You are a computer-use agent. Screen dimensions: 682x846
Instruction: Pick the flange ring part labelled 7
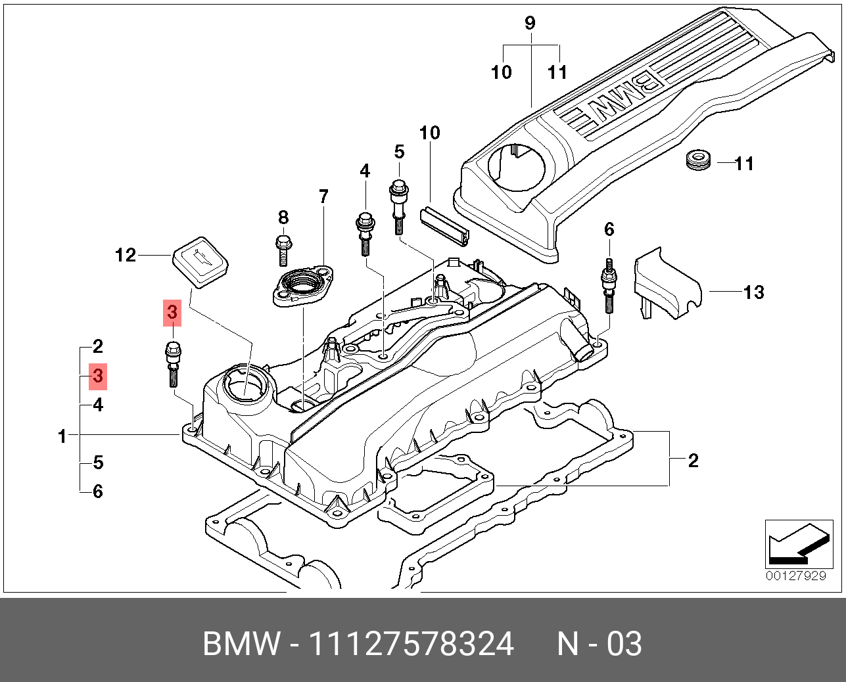[303, 287]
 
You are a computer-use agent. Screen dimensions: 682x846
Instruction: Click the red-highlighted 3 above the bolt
[172, 313]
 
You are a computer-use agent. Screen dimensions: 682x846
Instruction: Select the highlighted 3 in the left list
[98, 376]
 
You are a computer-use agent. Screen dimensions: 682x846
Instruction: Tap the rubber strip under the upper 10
[445, 225]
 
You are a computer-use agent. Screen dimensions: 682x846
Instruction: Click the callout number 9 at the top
[530, 24]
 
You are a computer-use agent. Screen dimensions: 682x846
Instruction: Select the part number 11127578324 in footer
[411, 644]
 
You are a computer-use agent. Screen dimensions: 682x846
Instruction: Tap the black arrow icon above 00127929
[794, 544]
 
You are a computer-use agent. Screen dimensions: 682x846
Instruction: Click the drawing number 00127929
[795, 576]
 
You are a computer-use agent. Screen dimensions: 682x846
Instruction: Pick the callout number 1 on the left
[62, 436]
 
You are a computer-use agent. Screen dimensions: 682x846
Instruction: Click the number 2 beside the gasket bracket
[693, 461]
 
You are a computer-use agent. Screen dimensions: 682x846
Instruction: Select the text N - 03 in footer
[599, 644]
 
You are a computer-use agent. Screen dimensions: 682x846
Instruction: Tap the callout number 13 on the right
[753, 292]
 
